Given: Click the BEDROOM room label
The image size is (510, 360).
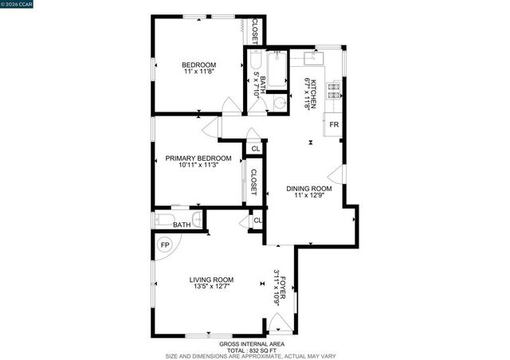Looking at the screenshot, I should [198, 65].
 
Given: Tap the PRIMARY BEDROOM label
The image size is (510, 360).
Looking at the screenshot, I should [198, 158].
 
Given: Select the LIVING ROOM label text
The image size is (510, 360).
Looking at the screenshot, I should [211, 279].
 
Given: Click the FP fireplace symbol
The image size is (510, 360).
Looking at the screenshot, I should [165, 245].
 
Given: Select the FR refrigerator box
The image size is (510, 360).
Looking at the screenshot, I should [335, 125].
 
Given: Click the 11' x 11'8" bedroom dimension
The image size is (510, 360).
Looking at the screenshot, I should [198, 72].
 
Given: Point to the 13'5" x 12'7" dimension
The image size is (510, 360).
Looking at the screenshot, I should [211, 287].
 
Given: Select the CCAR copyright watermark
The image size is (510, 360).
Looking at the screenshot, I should [17, 5].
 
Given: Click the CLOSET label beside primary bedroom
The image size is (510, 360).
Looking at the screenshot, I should [254, 183].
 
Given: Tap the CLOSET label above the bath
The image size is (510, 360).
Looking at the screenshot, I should [255, 30].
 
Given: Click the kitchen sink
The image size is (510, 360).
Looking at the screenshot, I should [309, 57].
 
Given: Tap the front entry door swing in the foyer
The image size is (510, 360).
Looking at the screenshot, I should [280, 323].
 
